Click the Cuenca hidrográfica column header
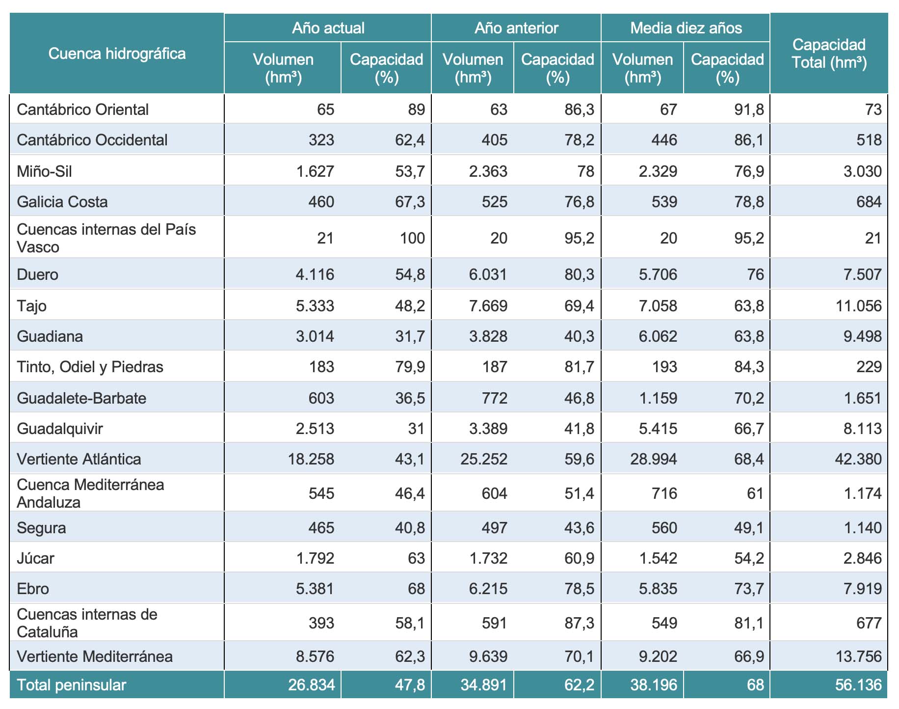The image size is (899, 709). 117,54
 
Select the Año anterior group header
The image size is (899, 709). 516,28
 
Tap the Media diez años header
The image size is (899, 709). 686,28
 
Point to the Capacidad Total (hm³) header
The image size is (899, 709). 829,54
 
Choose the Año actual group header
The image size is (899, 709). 328,28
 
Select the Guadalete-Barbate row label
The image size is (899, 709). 81,398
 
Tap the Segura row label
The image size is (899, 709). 41,528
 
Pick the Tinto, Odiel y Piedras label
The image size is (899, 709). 90,367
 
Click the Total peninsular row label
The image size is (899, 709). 71,685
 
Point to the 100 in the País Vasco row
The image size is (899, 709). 412,238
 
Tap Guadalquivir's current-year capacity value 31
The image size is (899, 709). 416,429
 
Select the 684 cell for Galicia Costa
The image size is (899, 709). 869,202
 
